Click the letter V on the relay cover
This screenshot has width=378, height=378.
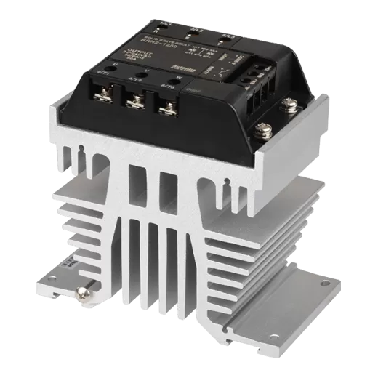145,71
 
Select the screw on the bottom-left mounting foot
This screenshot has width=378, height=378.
84,294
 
